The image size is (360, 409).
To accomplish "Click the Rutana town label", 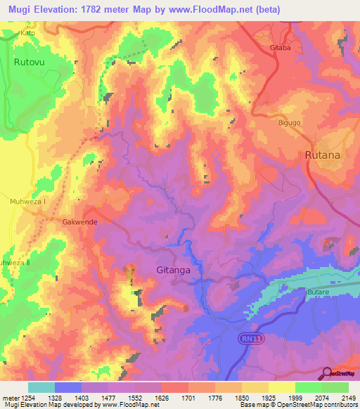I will (323, 155).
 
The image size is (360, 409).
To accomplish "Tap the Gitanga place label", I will (173, 269).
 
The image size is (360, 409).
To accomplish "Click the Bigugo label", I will (288, 122).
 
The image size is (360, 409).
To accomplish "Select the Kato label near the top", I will (28, 33).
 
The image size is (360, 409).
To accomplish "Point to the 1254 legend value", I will (29, 398).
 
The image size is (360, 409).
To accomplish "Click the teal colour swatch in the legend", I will (41, 387).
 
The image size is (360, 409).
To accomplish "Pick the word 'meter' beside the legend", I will (10, 398).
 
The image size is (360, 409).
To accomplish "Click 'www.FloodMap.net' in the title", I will (212, 10).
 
